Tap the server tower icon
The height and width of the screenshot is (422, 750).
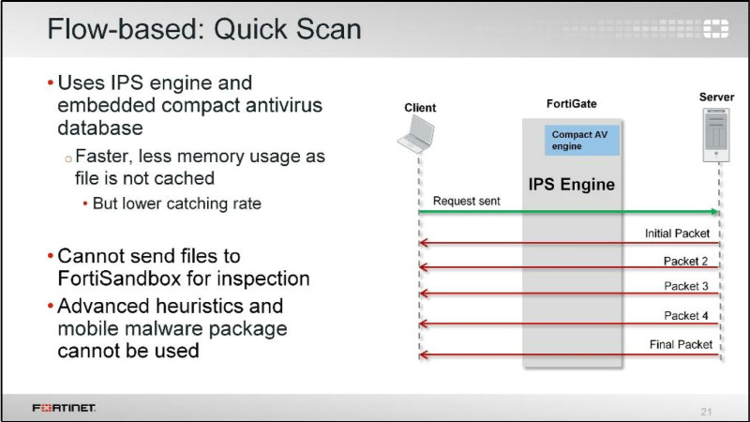click(x=716, y=133)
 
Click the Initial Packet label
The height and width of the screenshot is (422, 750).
click(x=679, y=234)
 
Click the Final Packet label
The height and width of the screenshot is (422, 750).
click(x=682, y=344)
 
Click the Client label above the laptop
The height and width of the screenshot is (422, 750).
click(x=419, y=108)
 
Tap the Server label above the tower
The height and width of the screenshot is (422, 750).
click(x=717, y=98)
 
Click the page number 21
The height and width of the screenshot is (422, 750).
click(x=707, y=411)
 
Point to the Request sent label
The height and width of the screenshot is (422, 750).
click(x=466, y=201)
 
